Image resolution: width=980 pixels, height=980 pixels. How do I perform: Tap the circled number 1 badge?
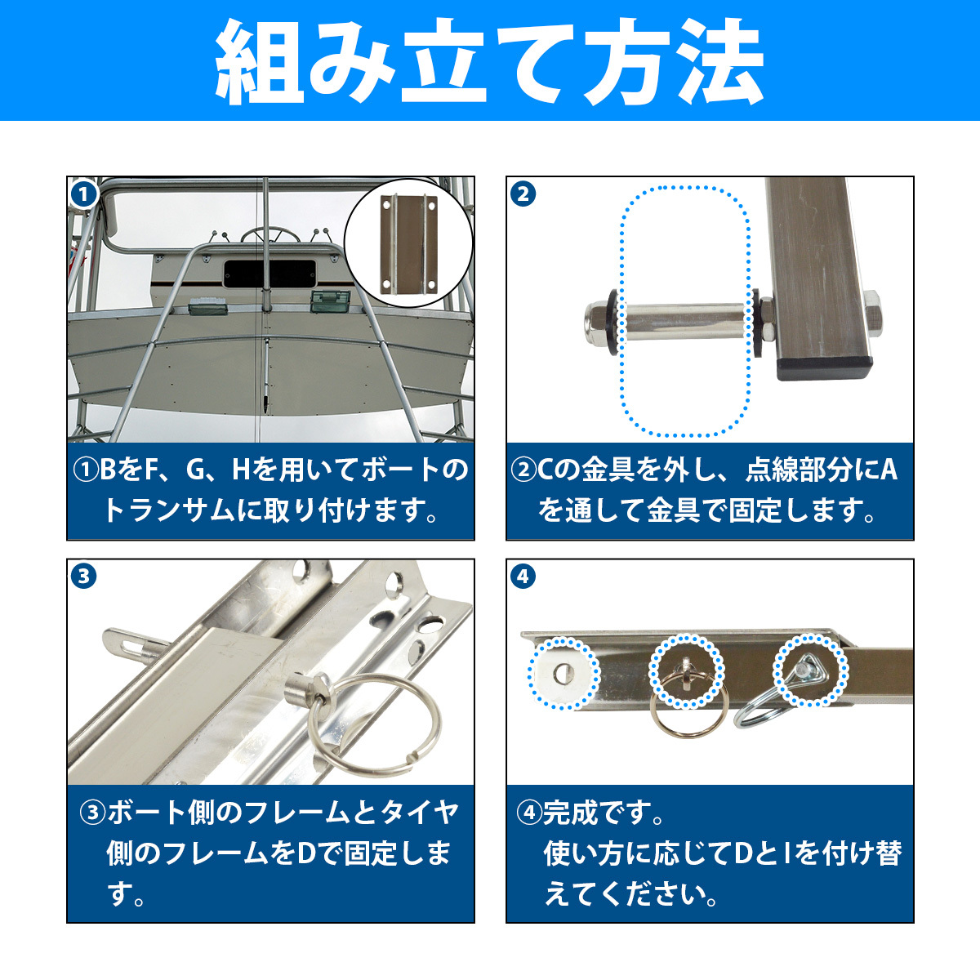[x=84, y=194]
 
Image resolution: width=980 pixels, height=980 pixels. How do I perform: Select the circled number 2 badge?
[x=523, y=194]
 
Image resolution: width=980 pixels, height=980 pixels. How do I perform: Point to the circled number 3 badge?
[x=84, y=577]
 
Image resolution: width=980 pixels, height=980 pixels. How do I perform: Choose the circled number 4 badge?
[x=523, y=577]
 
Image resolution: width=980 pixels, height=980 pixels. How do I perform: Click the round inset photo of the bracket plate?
[x=408, y=243]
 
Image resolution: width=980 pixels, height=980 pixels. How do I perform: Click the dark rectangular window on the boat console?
[x=269, y=274]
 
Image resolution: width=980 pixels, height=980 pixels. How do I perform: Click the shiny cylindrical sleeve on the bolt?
[x=685, y=322]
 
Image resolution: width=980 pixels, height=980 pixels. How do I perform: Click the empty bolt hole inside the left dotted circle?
[x=561, y=675]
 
